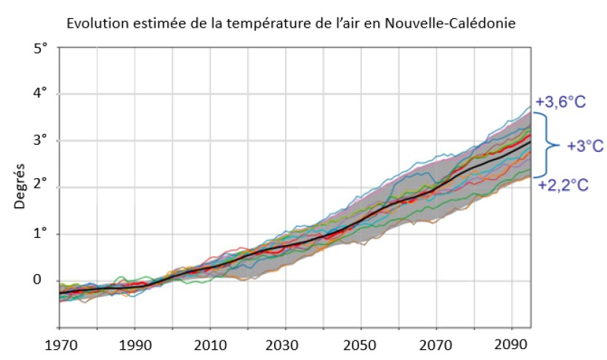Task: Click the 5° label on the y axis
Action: [x=40, y=47]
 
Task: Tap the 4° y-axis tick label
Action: [x=40, y=94]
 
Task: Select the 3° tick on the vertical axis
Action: [x=40, y=140]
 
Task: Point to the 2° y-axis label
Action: [x=40, y=187]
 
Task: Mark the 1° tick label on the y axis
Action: [x=40, y=233]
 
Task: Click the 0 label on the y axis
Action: [x=41, y=280]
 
